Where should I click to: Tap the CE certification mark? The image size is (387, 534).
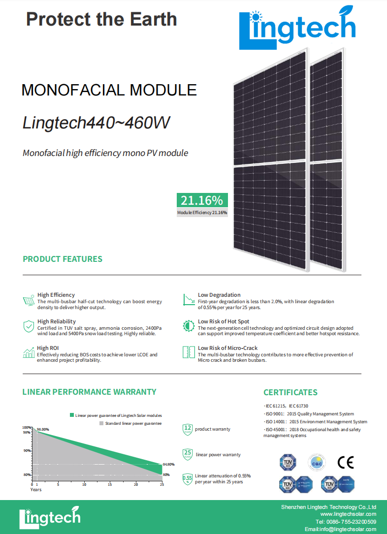pos(345,462)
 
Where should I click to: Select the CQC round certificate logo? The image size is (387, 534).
pos(317,462)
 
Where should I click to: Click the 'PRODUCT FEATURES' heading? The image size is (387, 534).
pos(63,259)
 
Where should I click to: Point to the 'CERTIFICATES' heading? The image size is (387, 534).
pos(290,392)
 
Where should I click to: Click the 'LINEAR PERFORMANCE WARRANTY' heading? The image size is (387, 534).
pos(89,392)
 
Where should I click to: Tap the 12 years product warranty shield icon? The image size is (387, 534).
pos(187,429)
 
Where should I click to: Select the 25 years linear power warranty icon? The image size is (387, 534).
pos(187,454)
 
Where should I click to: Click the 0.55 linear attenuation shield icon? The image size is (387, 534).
pos(187,478)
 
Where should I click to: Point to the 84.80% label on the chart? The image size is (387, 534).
pos(168,464)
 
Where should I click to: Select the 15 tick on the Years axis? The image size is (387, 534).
pos(110,485)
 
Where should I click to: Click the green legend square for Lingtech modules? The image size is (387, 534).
pos(72,415)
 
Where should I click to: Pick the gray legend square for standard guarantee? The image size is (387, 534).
pos(101,423)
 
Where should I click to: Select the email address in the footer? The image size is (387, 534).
pos(340,529)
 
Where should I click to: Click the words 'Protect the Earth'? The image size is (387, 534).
pos(101,19)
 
